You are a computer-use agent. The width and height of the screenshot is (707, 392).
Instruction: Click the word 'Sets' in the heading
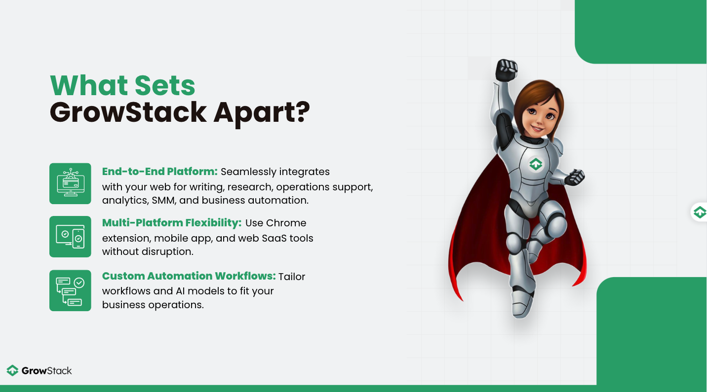(165, 85)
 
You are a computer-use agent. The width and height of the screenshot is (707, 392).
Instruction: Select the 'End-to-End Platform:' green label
(159, 172)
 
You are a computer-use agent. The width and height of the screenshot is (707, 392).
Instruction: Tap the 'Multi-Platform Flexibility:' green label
(172, 223)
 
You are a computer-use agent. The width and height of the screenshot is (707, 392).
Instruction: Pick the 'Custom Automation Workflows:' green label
(189, 276)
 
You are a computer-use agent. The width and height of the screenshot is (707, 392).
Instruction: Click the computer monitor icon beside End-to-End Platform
(71, 183)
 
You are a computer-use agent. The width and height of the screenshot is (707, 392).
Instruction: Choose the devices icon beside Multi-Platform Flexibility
(71, 237)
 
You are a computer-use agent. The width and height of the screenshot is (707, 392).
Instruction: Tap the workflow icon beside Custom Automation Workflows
(71, 290)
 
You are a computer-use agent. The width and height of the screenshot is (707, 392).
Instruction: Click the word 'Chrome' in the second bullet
(286, 223)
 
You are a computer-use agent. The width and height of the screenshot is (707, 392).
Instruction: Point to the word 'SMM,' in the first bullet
(163, 200)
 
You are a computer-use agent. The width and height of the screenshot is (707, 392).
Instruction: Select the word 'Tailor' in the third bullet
(292, 277)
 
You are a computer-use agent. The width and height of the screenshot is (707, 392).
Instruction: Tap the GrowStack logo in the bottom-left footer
(39, 371)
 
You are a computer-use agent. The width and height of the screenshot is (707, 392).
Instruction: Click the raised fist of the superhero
(506, 70)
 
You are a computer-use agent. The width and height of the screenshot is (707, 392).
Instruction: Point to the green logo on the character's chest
(536, 164)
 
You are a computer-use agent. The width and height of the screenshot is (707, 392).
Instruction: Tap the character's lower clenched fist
(575, 177)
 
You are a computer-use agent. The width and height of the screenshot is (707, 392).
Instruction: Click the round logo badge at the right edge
(699, 212)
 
